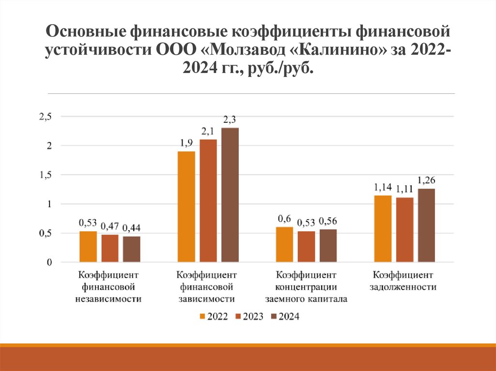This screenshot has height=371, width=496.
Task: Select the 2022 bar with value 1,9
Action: pos(186,207)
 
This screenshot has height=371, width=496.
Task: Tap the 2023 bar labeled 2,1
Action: pos(208,201)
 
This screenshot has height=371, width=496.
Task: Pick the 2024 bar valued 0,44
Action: pos(131,249)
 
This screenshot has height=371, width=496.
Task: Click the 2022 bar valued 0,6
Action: pos(285,245)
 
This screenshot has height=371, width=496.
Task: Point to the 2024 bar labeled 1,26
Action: pos(427,225)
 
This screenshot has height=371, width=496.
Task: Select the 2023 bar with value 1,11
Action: pos(405,230)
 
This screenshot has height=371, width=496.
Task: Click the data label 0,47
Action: pos(110,225)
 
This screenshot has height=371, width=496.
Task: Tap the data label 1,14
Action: pos(383,186)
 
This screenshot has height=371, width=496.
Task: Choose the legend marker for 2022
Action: pos(202,317)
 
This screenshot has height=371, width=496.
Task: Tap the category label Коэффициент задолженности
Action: pos(403,281)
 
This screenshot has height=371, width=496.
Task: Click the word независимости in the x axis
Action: pos(108,299)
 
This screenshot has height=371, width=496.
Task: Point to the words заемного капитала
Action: pos(306,299)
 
